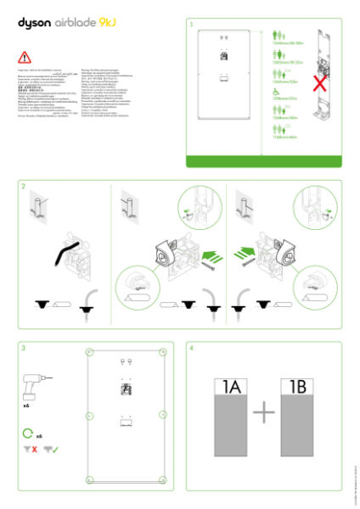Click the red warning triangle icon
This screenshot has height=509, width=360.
24,59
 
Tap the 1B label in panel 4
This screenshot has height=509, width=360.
298,388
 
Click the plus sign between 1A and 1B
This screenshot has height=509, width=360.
264,413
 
